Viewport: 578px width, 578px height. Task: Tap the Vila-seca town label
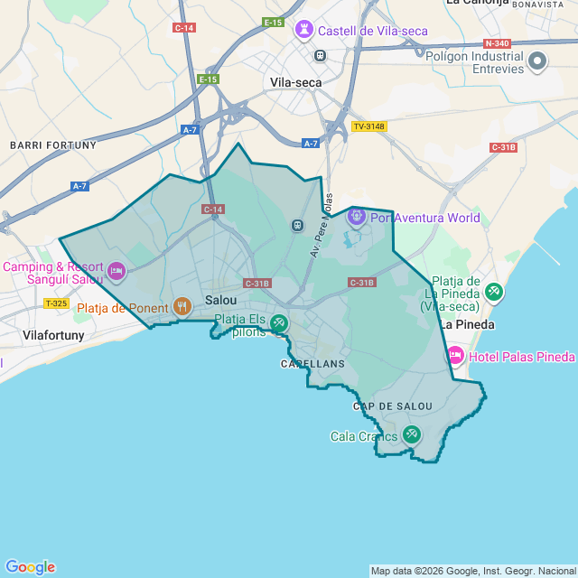tap(295, 82)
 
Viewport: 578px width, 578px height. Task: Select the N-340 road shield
tap(496, 43)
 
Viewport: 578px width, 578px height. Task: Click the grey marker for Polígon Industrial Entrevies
tap(537, 62)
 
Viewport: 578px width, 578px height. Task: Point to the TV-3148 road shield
tap(368, 126)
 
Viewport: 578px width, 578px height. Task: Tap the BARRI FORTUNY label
tap(52, 144)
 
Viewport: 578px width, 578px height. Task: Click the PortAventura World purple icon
tap(356, 218)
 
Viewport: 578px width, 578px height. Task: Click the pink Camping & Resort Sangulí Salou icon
tap(116, 270)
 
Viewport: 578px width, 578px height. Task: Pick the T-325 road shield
tap(56, 303)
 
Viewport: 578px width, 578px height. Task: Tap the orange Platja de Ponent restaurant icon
tap(182, 307)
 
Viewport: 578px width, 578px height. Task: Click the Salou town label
tap(221, 300)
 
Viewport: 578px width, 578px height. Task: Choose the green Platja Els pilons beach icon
tap(279, 322)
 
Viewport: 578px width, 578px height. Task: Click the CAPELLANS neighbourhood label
tap(312, 364)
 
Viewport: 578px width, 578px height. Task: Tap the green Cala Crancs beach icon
tap(411, 434)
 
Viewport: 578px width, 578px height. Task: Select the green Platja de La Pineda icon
tap(494, 292)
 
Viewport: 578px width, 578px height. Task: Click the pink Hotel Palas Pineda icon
tap(455, 357)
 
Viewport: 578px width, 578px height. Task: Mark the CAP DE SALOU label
tap(387, 407)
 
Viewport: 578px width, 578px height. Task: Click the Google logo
tap(30, 567)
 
